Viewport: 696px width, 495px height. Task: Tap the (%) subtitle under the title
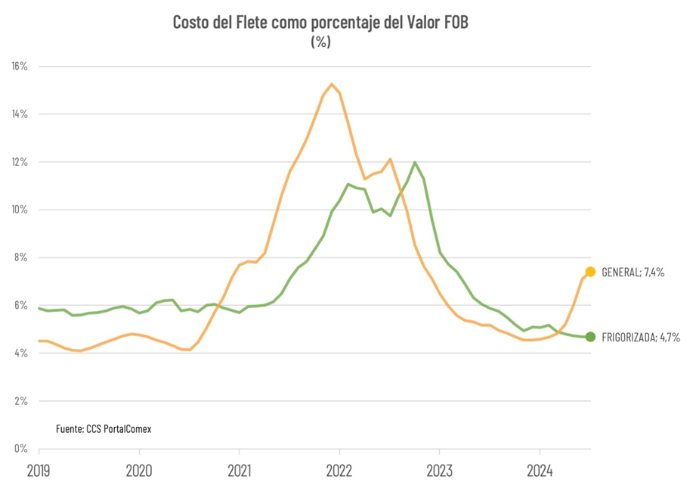point(320,42)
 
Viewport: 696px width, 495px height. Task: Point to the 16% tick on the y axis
point(19,67)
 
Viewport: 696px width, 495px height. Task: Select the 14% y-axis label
point(19,114)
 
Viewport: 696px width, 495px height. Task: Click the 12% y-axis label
point(19,162)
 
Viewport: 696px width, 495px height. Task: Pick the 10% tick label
point(19,210)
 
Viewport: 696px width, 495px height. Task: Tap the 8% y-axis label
point(20,257)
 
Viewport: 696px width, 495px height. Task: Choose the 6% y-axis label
point(20,305)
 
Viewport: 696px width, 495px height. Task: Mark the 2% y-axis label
point(20,400)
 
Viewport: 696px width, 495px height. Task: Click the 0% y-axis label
point(20,448)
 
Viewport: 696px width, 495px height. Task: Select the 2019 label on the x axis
point(39,471)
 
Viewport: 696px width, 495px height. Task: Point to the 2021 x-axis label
point(239,471)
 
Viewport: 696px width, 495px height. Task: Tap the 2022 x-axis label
point(339,471)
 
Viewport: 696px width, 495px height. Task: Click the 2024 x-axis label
point(540,471)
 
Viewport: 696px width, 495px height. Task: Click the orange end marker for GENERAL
point(590,272)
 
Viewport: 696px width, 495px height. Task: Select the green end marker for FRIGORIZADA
point(590,337)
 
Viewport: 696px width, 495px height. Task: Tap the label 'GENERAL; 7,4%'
point(633,272)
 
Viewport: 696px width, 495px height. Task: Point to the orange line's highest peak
point(332,84)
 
